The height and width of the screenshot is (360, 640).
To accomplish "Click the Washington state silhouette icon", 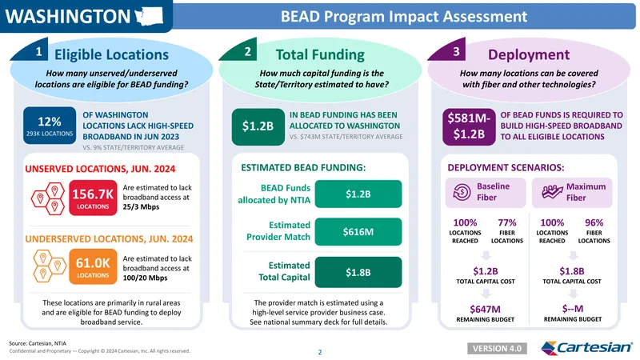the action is [x=149, y=16].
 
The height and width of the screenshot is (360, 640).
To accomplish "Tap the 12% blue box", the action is [x=50, y=126].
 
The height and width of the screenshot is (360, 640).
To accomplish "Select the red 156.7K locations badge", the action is [x=93, y=198].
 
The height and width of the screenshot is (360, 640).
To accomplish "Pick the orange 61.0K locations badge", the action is [x=93, y=266].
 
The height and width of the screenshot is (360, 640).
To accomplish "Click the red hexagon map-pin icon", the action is [x=48, y=198].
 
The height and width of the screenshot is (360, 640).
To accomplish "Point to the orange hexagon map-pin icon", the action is [x=50, y=266].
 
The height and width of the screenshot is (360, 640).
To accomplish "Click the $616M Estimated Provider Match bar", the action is [x=358, y=232].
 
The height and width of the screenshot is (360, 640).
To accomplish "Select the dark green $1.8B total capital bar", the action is [x=358, y=272].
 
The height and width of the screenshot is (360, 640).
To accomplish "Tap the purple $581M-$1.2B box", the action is [x=469, y=126].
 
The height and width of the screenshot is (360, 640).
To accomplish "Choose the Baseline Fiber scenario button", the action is [x=486, y=192].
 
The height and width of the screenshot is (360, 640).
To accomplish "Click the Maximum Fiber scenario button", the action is [x=572, y=192].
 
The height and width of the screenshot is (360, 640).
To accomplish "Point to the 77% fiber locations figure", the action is [x=507, y=223].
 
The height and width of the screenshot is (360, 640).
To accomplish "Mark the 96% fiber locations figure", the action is [x=594, y=223].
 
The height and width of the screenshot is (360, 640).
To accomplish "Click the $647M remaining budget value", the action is [x=486, y=310].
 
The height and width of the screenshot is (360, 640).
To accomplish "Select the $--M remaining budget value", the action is [x=572, y=309].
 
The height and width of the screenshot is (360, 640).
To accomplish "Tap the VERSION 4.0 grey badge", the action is [x=497, y=349].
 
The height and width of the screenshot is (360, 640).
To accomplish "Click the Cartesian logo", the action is [x=586, y=347].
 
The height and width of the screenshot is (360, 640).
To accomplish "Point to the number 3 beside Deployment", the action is [x=456, y=51].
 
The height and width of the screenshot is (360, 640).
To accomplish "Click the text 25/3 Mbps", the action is [x=141, y=207].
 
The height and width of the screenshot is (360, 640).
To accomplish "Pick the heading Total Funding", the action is [x=320, y=54].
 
